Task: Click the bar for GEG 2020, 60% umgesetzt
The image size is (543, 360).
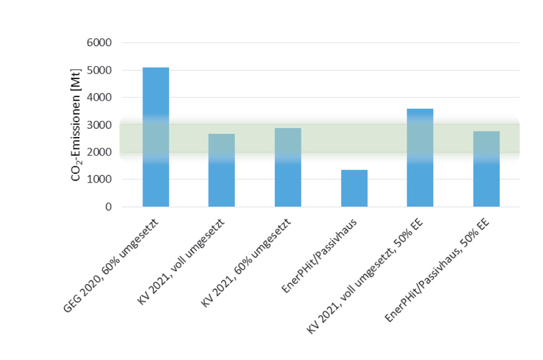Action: tap(156, 137)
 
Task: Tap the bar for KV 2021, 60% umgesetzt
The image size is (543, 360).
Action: tap(288, 167)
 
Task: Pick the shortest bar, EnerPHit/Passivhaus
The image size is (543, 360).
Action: tap(354, 188)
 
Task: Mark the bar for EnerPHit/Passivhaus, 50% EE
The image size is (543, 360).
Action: tap(486, 169)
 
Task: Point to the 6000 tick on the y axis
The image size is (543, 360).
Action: tap(98, 43)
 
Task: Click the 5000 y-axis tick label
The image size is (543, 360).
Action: tap(98, 70)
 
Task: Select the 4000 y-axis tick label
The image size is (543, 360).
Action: tap(98, 98)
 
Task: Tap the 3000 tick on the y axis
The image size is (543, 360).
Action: tap(98, 125)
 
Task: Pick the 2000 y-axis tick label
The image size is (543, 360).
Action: tap(98, 152)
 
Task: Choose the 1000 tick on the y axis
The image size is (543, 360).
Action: tap(98, 179)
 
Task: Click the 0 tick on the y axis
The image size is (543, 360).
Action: tap(107, 207)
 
